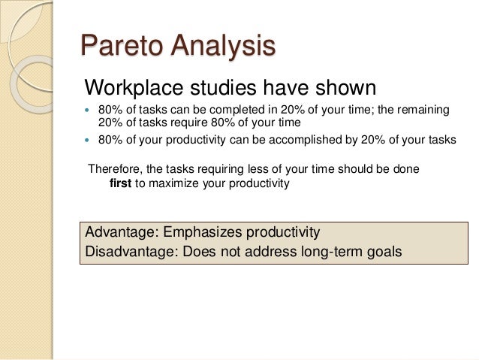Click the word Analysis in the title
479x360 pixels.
pos(222,46)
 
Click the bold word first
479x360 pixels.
pos(121,183)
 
